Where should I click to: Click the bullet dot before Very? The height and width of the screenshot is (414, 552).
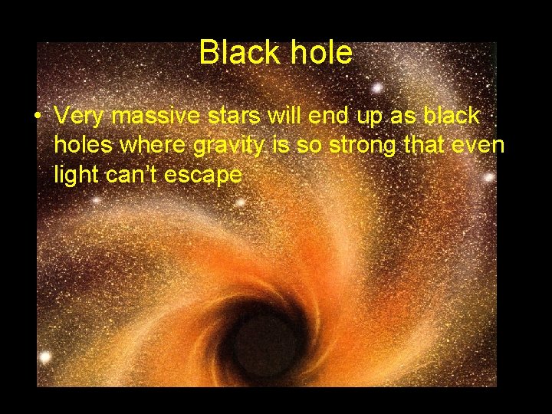click(x=37, y=117)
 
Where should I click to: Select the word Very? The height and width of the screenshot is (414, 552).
click(x=80, y=116)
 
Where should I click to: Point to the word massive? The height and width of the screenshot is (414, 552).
click(x=154, y=116)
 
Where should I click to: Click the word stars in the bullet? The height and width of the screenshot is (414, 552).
click(x=230, y=116)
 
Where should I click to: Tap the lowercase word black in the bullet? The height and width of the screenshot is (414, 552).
click(x=451, y=116)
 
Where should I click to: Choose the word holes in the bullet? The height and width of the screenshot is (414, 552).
click(x=82, y=146)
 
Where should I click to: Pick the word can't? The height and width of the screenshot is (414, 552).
click(x=132, y=176)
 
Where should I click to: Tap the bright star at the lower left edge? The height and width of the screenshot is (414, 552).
click(x=44, y=357)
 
